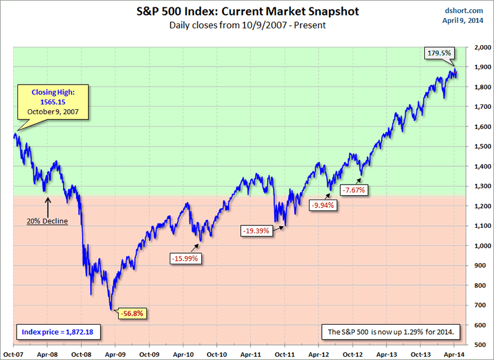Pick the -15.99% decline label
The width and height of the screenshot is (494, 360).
pyautogui.click(x=184, y=258)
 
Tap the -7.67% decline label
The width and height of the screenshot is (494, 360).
pyautogui.click(x=353, y=190)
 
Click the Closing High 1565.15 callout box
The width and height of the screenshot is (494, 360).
pyautogui.click(x=53, y=102)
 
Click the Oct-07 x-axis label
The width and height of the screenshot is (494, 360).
pyautogui.click(x=13, y=355)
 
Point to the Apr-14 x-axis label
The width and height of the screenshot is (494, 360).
pyautogui.click(x=454, y=355)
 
